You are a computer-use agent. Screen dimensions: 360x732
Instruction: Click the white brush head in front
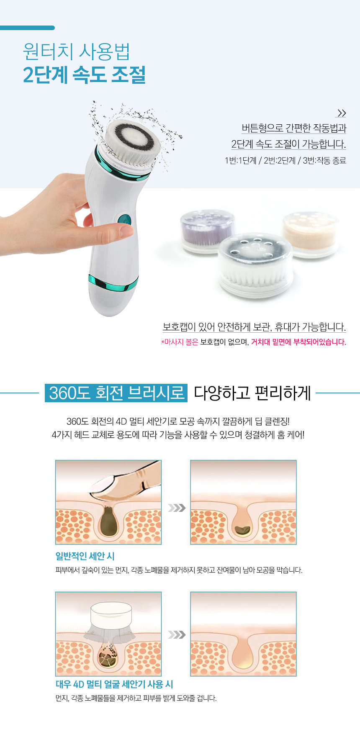click(x=255, y=265)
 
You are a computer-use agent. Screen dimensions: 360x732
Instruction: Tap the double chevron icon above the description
click(x=341, y=113)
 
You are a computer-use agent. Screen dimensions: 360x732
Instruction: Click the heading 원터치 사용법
click(x=76, y=52)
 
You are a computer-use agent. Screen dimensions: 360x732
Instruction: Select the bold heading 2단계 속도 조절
click(x=84, y=75)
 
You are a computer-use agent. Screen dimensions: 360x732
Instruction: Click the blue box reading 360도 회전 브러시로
click(x=116, y=393)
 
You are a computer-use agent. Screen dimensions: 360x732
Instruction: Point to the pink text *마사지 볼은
click(x=180, y=342)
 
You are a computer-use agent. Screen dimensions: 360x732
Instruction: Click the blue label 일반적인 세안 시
click(x=85, y=556)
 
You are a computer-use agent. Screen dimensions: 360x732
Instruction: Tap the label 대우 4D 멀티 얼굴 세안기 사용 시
click(x=114, y=684)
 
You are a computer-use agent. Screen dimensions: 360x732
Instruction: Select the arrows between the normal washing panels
click(x=177, y=508)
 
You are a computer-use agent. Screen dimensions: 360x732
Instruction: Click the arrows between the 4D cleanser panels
click(x=177, y=634)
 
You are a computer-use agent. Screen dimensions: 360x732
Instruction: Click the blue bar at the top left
click(x=27, y=28)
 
